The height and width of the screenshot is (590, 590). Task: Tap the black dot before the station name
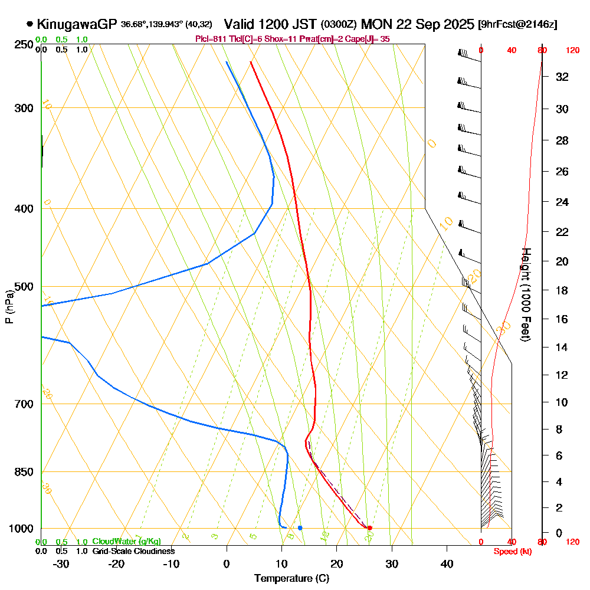29,24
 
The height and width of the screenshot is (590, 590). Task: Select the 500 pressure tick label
24,287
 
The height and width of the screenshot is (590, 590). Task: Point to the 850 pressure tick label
24,472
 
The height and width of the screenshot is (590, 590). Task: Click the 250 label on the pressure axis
24,45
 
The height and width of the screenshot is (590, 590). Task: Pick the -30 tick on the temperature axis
61,563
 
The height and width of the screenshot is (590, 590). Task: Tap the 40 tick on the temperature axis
447,563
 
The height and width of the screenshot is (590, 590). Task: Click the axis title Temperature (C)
291,578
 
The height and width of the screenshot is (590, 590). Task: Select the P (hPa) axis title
9,306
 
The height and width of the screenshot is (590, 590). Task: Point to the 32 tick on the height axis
562,77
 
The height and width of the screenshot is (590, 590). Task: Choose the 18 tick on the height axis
562,290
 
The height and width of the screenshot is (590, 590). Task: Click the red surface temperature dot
369,527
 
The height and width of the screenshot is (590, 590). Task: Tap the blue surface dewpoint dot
300,527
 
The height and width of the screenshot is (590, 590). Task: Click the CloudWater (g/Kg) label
126,542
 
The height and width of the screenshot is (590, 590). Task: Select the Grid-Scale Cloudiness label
133,551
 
